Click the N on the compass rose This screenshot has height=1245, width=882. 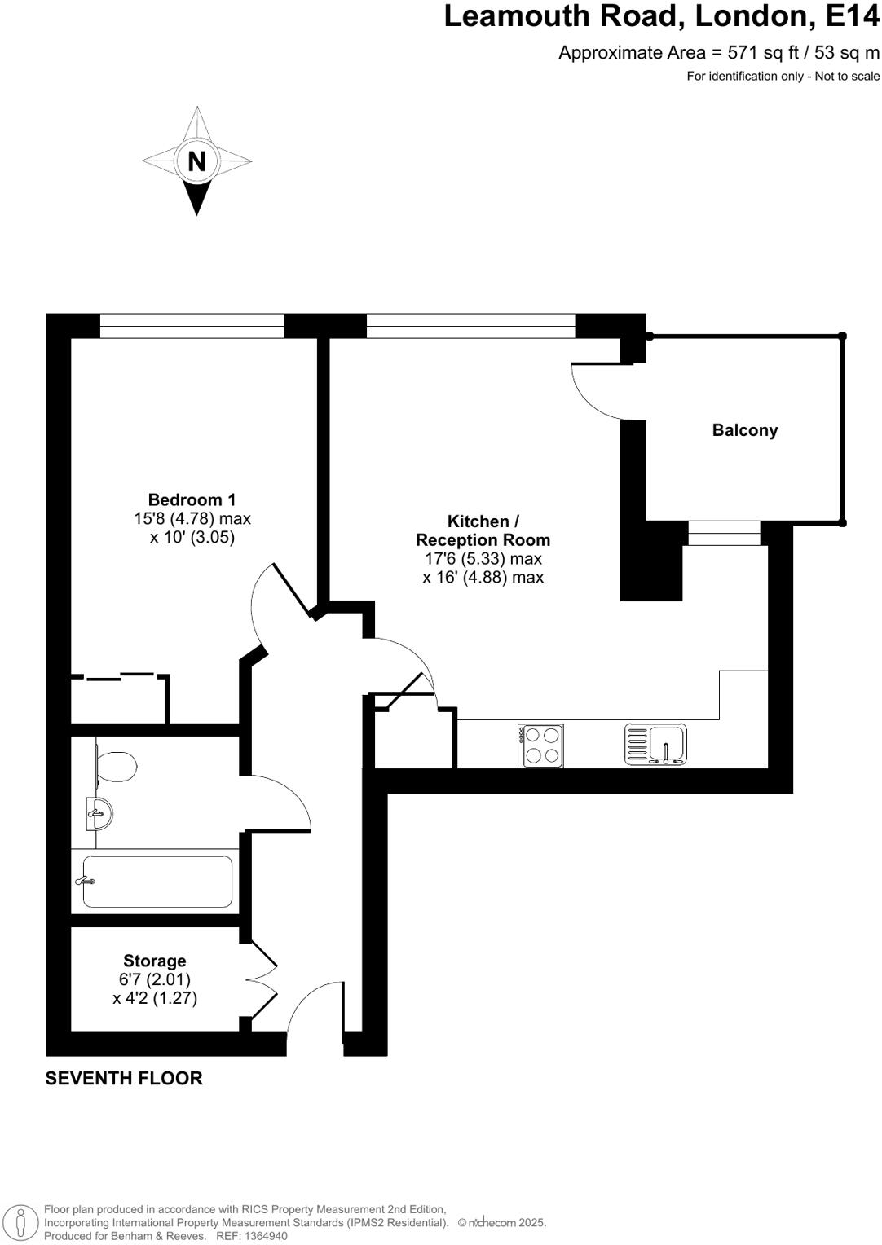pos(196,161)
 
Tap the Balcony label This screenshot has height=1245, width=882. pos(744,430)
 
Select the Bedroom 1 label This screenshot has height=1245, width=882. pos(192,499)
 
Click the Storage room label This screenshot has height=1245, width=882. pos(154,961)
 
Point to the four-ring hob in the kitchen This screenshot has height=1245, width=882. pos(540,746)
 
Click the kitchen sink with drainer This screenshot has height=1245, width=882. pos(655,745)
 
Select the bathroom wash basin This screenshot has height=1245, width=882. pos(99,813)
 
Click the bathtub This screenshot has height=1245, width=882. pos(157,881)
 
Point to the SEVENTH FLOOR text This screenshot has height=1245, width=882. pos(124,1078)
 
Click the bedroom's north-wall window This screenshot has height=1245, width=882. pos(192,326)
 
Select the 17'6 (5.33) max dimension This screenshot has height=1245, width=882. pos(483,559)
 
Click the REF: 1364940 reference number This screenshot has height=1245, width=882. pos(251,1236)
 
